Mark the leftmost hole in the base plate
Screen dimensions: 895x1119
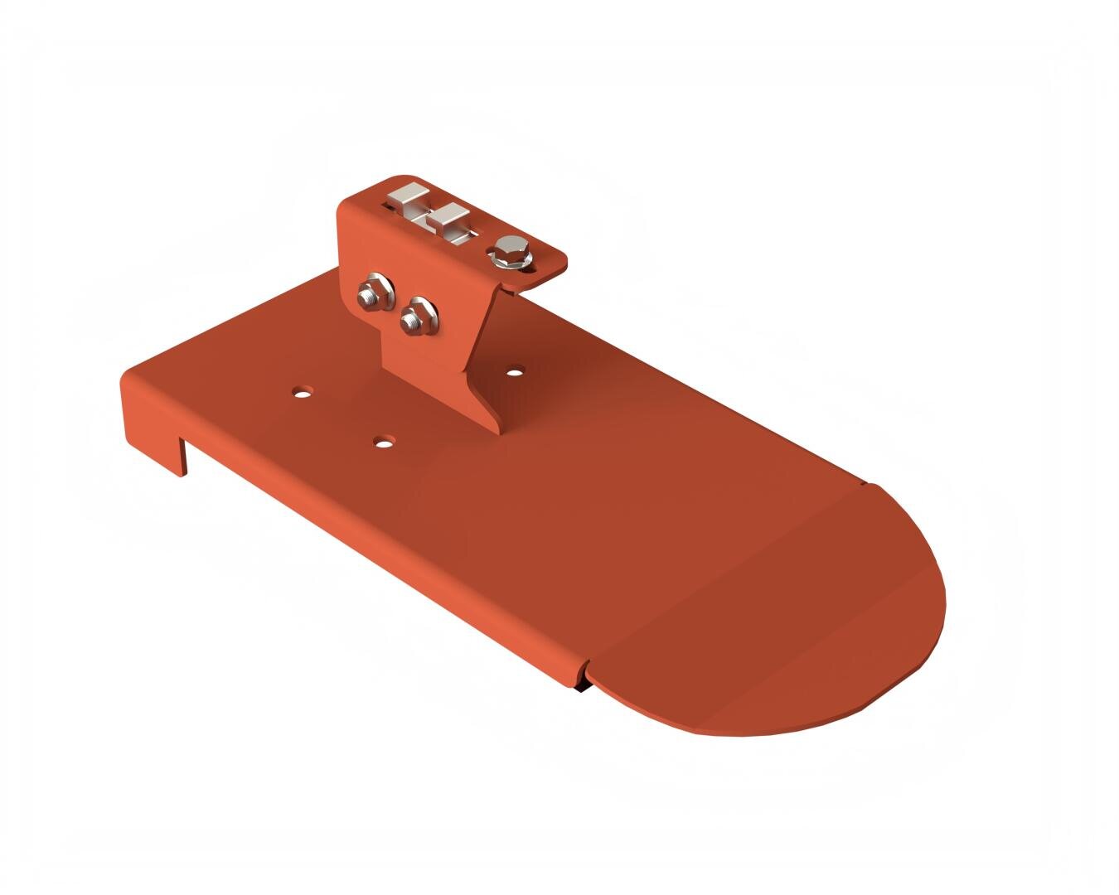point(303,389)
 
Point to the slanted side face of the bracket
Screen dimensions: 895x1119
point(481,356)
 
